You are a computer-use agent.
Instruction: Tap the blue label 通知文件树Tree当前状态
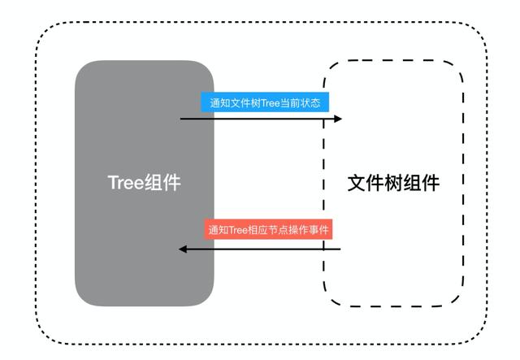click(265, 103)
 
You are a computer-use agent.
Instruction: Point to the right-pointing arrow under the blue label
click(260, 119)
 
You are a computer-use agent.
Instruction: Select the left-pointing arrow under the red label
click(260, 248)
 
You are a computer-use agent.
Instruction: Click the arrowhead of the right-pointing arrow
click(337, 119)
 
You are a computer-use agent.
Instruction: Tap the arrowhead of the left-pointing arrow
click(184, 248)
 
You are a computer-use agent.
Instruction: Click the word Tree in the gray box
click(126, 182)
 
